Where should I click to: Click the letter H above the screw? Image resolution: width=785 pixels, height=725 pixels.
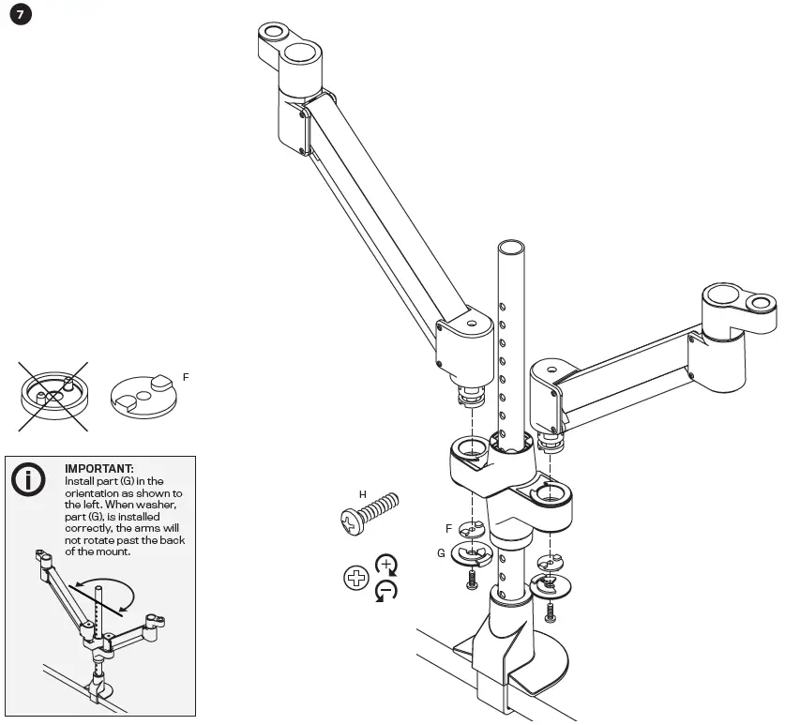coord(362,493)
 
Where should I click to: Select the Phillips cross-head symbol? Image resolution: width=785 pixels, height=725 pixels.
coord(356,578)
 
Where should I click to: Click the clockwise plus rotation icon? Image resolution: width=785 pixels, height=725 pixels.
coord(385,565)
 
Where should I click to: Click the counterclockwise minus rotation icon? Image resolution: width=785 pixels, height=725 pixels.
coord(385,591)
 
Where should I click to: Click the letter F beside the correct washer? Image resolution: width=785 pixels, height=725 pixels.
coord(186,377)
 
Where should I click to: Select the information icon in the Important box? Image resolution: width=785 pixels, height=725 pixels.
coord(28,478)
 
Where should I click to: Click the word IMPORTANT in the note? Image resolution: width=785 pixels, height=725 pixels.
coord(98,468)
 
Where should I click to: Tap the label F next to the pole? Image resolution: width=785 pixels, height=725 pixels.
coord(448,529)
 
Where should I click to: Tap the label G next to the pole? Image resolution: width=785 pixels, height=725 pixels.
coord(441,553)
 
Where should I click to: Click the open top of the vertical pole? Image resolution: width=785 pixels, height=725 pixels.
coord(510,249)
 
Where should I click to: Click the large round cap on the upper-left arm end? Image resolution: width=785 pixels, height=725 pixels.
coord(301,52)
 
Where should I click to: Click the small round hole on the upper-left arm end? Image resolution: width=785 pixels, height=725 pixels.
coord(273,32)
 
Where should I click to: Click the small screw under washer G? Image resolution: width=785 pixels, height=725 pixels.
coord(472,583)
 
